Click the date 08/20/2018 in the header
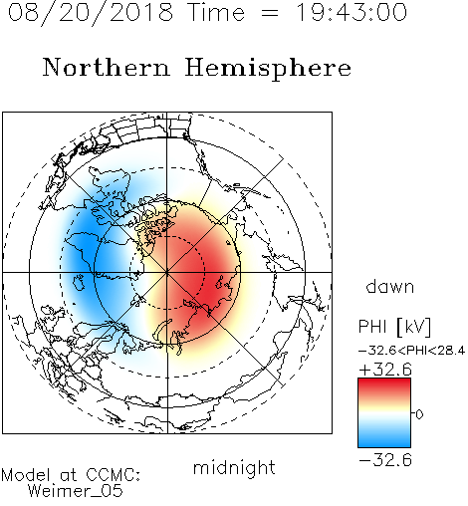pos(90,13)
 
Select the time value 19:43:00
pos(351,12)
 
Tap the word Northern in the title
pos(107,68)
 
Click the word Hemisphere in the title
pos(268,68)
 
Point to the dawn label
pos(390,286)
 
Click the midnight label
pos(234,467)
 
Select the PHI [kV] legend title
pos(394,327)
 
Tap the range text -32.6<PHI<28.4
pos(411,351)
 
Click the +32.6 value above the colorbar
pos(385,370)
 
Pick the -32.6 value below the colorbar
pos(385,460)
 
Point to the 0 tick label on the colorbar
pos(419,414)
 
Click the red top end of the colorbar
pos(384,382)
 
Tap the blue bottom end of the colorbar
pos(384,443)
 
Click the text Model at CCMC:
pos(71,475)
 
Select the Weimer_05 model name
pos(76,491)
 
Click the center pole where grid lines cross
pos(167,272)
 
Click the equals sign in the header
pos(270,13)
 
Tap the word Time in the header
pos(216,12)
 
